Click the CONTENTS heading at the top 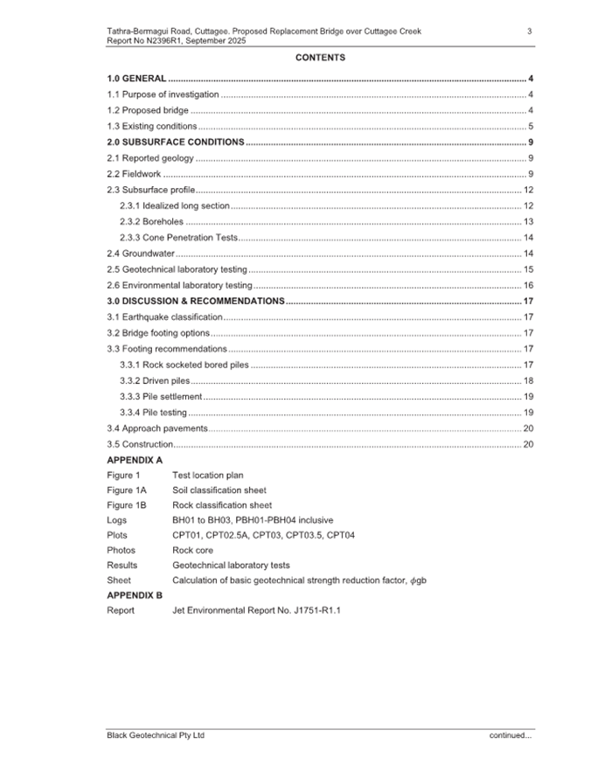click(x=320, y=58)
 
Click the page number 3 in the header click(x=530, y=31)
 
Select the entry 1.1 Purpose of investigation click(x=163, y=94)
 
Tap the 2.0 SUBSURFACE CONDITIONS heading click(x=175, y=142)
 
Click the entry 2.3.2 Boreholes click(x=151, y=221)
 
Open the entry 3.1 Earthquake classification click(x=164, y=316)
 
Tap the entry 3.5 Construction click(x=140, y=444)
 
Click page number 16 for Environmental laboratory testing click(x=528, y=285)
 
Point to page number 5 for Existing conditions click(x=531, y=126)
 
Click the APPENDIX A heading click(x=135, y=459)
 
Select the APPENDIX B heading click(x=135, y=595)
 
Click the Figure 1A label click(x=126, y=490)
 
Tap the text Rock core click(x=192, y=550)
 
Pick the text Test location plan click(x=208, y=475)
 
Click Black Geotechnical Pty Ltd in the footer click(x=155, y=735)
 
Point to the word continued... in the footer click(x=510, y=735)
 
